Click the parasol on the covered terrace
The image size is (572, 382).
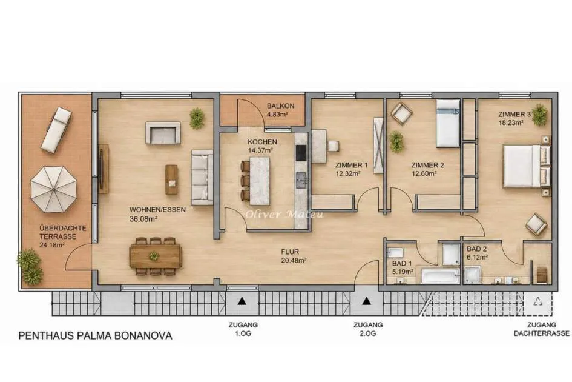(x=54, y=189)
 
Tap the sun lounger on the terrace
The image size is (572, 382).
(x=56, y=130)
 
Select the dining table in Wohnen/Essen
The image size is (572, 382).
(x=156, y=256)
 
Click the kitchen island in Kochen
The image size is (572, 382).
(x=260, y=181)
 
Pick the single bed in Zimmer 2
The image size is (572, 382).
(x=448, y=124)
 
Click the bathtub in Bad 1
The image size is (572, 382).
(x=440, y=276)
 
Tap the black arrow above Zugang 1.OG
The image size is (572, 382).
(x=242, y=301)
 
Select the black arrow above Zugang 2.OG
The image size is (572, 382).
(x=367, y=301)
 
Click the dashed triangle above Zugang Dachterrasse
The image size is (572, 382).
(x=537, y=301)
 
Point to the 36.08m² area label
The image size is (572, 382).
(x=143, y=219)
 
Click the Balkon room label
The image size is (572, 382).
(x=280, y=106)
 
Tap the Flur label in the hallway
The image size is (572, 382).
(x=290, y=252)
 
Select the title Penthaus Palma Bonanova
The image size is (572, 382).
(x=95, y=336)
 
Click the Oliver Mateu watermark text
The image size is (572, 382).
(x=284, y=214)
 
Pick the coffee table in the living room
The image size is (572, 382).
(x=171, y=179)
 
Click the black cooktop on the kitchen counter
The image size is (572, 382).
(x=301, y=153)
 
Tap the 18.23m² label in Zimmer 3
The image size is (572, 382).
(x=511, y=123)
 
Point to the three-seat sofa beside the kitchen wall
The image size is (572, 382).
(x=202, y=177)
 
